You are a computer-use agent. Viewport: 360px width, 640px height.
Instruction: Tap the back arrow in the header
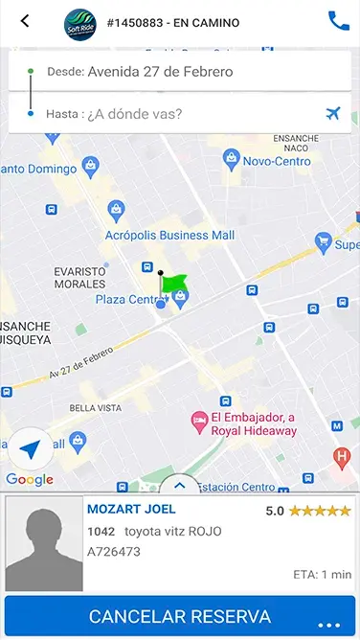[25, 21]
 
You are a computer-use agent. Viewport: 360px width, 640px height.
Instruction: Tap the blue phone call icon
[338, 20]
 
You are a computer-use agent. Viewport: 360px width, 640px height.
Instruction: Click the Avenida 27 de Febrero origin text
[160, 71]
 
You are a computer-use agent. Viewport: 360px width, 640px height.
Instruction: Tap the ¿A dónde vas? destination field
[134, 114]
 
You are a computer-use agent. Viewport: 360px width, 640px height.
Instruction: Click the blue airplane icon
[333, 114]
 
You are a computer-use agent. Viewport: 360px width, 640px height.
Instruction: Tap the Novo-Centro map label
[276, 161]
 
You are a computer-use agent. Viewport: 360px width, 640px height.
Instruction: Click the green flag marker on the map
[173, 283]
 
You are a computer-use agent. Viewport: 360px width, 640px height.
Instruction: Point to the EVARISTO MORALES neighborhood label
[79, 277]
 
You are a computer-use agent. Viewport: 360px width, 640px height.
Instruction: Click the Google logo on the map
[29, 480]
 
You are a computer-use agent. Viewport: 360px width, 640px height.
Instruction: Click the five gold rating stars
[320, 511]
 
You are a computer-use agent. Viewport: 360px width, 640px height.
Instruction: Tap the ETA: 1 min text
[322, 575]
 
